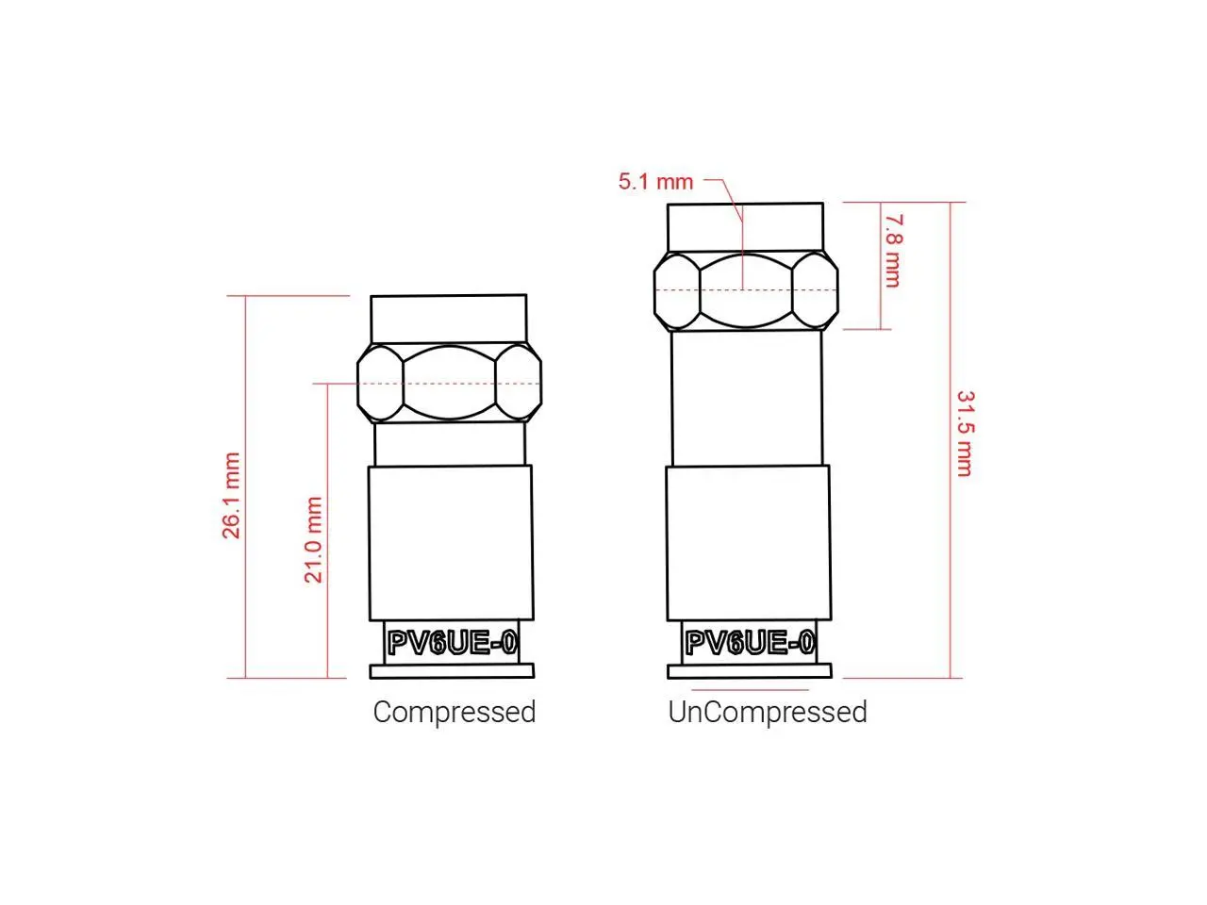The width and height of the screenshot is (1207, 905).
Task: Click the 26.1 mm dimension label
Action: (x=231, y=495)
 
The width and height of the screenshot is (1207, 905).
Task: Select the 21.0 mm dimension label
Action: (x=313, y=539)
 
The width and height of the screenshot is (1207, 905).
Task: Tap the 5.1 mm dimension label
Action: (x=655, y=182)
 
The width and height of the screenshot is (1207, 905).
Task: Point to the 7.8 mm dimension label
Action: (x=891, y=251)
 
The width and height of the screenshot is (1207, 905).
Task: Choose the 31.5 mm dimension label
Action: (x=965, y=434)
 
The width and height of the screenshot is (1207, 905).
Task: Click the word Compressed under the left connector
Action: (x=455, y=712)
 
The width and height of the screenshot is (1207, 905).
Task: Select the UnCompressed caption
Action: (x=768, y=712)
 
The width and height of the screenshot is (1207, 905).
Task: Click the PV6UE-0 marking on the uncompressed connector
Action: (x=750, y=642)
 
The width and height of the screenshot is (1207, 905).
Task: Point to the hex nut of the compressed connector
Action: (x=449, y=383)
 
